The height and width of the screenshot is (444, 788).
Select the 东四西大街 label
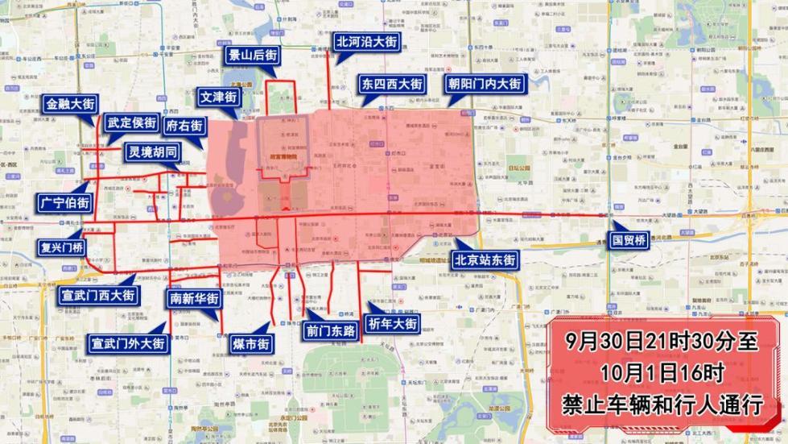tap(392, 84)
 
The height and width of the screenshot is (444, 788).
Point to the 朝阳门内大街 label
tap(485, 84)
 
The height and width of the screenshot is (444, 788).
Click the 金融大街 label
tap(71, 104)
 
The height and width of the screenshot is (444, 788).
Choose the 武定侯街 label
tap(131, 123)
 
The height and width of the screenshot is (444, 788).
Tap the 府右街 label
tap(184, 126)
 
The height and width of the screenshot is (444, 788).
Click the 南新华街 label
tap(193, 298)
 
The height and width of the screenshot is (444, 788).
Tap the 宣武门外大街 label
tap(128, 343)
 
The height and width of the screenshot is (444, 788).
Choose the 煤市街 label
tap(250, 344)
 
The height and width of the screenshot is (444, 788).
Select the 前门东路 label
tap(331, 330)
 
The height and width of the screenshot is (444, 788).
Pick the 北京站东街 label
tap(484, 260)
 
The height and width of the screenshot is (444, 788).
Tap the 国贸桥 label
tap(628, 240)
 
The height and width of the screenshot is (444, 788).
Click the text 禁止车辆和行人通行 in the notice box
tap(662, 404)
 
